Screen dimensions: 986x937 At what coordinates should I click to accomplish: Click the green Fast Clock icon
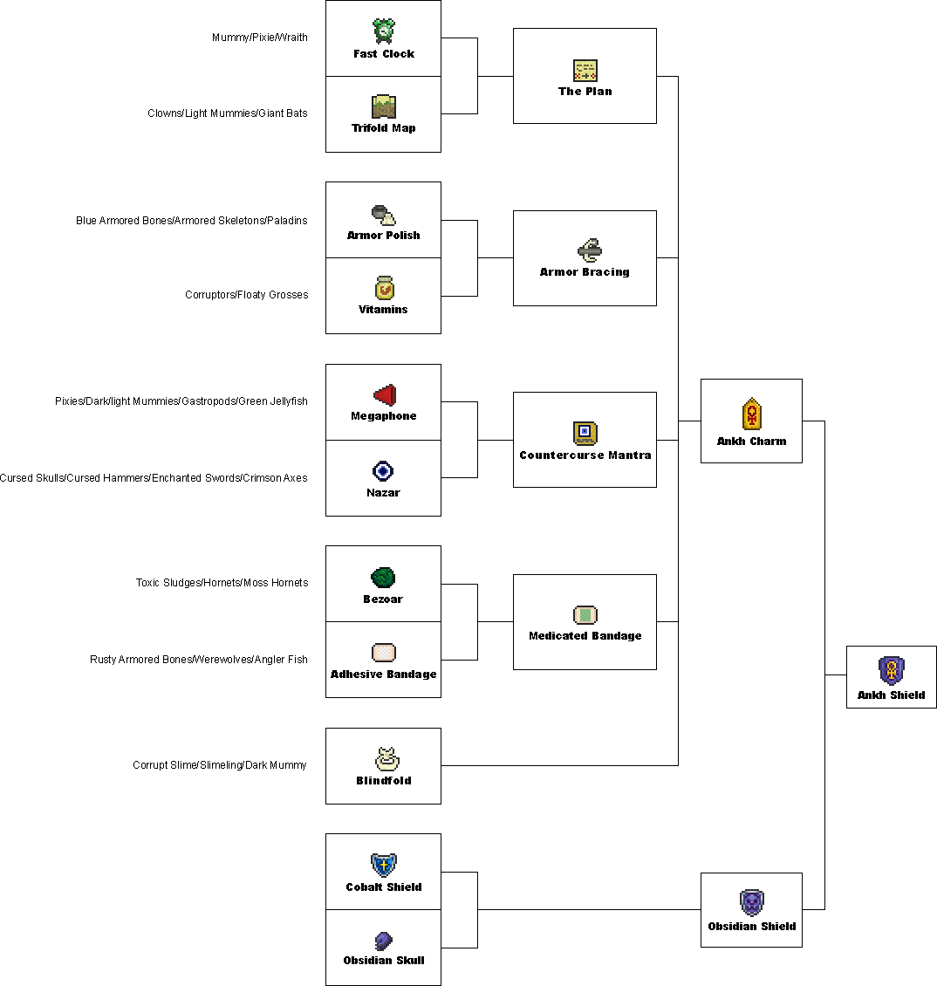pos(384,31)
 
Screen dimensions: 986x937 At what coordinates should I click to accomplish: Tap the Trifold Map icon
pos(384,106)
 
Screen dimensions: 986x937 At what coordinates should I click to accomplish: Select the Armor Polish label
pos(383,236)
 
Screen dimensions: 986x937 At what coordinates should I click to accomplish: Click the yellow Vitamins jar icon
pos(384,287)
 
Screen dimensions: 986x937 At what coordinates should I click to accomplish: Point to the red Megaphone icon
pos(385,395)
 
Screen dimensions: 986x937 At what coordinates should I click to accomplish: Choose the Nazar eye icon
pos(383,471)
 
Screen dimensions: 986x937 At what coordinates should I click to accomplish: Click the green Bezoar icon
pos(383,578)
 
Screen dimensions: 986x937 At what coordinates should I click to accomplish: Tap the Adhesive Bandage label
pos(383,674)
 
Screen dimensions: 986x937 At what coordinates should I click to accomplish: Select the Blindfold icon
pos(384,759)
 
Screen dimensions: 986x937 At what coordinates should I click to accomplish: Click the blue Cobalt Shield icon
pos(384,866)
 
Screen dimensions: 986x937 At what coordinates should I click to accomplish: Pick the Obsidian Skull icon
pos(384,941)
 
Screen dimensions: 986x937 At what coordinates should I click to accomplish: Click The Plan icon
pos(585,71)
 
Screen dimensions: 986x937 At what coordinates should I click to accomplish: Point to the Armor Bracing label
pos(585,272)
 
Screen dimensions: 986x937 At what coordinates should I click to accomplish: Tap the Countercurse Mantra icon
pos(585,434)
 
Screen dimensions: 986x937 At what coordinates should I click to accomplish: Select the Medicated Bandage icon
pos(585,615)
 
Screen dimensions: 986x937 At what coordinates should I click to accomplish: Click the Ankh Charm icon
pos(751,414)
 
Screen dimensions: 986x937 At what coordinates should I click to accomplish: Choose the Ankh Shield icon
pos(891,670)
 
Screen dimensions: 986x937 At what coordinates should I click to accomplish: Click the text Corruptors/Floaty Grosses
pos(246,295)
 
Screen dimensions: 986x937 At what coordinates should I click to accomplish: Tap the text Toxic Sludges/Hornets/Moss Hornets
pos(222,583)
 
